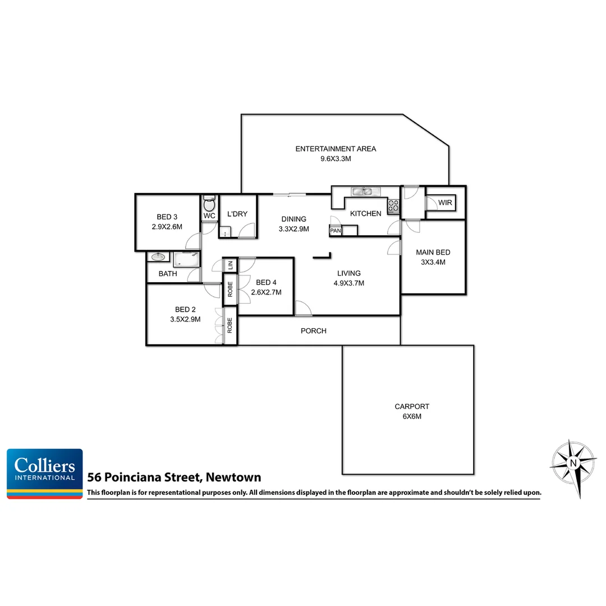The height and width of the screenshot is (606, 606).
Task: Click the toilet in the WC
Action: [209, 203]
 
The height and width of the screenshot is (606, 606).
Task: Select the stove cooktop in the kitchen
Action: [393, 206]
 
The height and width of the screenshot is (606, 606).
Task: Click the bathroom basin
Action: [158, 257]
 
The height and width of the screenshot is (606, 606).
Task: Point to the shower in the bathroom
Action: [187, 259]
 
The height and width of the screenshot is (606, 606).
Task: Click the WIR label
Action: [445, 203]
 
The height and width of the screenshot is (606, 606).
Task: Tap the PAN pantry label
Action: [336, 231]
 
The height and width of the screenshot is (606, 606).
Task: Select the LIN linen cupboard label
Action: [230, 265]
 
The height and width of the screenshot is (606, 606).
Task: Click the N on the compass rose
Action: [573, 463]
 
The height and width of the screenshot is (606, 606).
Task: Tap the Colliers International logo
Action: [45, 472]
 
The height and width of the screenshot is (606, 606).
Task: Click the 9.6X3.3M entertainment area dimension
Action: [336, 159]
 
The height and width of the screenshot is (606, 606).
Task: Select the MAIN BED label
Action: [433, 252]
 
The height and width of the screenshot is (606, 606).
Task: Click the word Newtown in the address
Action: [233, 478]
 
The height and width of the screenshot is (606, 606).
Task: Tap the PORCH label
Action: [314, 330]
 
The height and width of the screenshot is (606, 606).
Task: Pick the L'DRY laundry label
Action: [237, 214]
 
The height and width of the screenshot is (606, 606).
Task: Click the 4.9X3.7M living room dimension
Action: [348, 283]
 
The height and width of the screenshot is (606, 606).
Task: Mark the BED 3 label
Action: [167, 217]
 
